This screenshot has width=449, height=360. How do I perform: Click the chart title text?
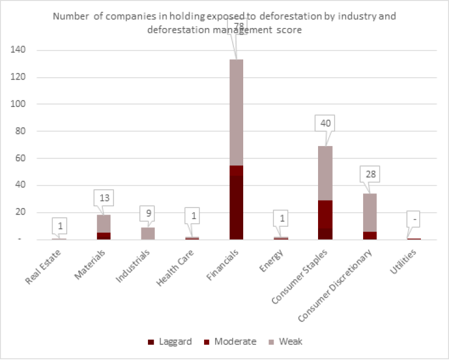click(x=224, y=23)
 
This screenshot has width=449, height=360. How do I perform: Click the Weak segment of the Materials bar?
click(x=103, y=223)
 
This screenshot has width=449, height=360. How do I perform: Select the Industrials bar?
click(x=148, y=233)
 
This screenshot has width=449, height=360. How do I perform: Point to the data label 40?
click(x=324, y=123)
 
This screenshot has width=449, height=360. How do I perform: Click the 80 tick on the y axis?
click(x=20, y=131)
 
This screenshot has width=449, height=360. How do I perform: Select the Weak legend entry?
click(x=286, y=341)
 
